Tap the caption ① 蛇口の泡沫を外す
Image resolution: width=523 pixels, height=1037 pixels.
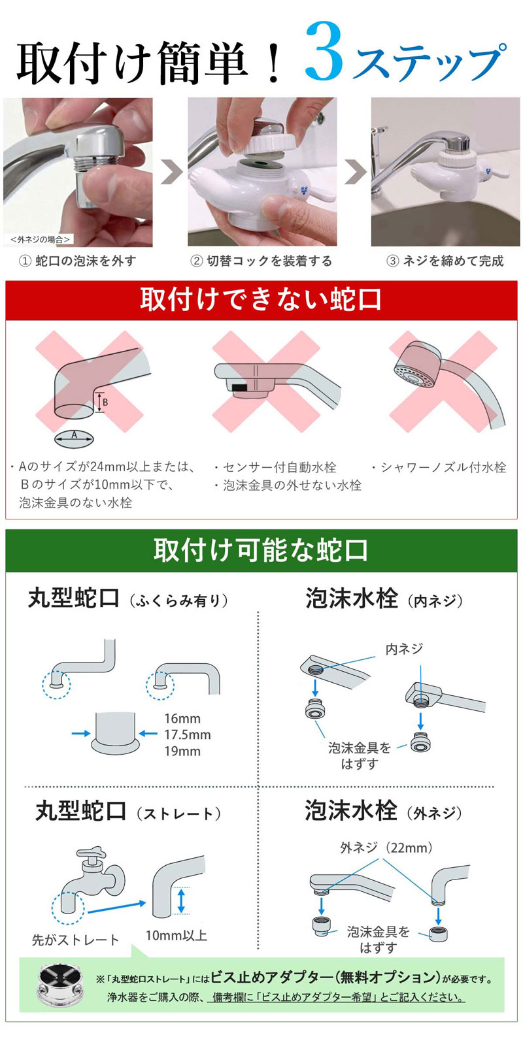(x=78, y=261)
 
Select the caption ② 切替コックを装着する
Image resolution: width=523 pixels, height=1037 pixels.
(x=261, y=261)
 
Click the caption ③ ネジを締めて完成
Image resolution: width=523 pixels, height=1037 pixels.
(x=445, y=261)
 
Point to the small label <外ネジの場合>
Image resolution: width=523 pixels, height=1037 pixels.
(x=40, y=240)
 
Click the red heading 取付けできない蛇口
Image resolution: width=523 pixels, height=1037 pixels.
(x=261, y=300)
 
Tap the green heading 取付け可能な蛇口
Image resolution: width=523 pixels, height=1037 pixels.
(x=261, y=550)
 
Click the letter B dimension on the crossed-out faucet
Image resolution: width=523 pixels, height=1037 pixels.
(x=104, y=403)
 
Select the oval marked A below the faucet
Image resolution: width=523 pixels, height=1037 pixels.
(x=74, y=436)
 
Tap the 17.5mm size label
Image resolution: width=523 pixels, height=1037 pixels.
(x=187, y=735)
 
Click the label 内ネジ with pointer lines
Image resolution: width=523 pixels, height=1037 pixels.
(x=404, y=649)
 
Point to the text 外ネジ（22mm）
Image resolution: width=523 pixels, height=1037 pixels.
(x=386, y=848)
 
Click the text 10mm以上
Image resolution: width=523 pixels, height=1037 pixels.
(x=176, y=936)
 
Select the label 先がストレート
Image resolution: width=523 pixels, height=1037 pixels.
(x=75, y=940)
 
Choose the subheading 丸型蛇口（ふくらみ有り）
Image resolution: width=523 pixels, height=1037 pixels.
(x=128, y=599)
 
